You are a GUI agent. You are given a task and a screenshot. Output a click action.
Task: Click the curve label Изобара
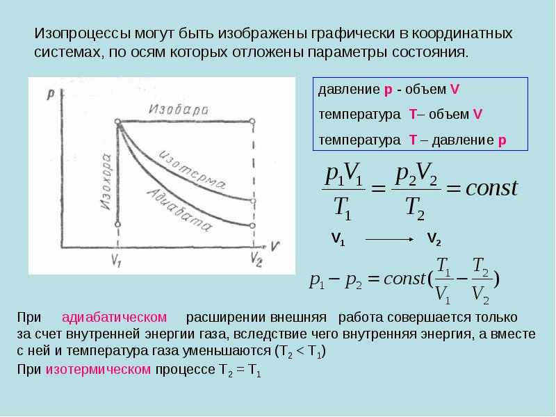tap(179, 109)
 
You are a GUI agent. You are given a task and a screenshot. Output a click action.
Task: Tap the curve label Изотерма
tap(192, 170)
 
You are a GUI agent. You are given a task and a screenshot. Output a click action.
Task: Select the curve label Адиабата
tap(179, 210)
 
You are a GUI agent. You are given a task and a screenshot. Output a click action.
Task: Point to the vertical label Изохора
tap(106, 181)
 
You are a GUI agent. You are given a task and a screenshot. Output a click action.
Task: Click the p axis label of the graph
tap(51, 95)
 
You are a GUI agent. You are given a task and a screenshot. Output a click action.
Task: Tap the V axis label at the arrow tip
tap(275, 246)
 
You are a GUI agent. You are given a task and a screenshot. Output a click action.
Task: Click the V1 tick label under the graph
tap(116, 261)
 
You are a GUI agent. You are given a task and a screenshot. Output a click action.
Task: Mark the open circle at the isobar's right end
tap(252, 121)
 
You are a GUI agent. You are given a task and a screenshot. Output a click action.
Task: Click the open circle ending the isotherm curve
tap(253, 201)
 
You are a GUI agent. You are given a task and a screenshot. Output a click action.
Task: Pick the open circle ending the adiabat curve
tap(252, 225)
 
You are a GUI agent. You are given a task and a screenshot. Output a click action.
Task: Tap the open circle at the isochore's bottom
tap(117, 224)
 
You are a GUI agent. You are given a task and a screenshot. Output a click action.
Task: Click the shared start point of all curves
tap(117, 122)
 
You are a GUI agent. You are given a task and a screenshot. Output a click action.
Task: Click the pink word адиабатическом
tap(114, 317)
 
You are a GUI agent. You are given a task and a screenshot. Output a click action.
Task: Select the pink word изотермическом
tap(98, 370)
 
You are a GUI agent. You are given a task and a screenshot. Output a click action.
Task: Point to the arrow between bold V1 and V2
tap(389, 239)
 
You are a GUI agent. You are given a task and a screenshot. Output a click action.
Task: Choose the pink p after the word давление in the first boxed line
tap(389, 90)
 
